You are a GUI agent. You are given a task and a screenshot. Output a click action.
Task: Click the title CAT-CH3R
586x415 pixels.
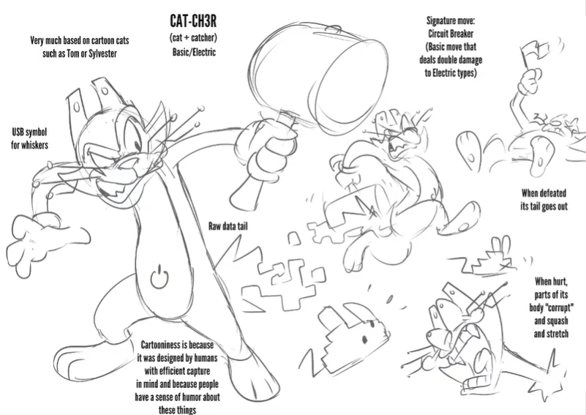coord(193,21)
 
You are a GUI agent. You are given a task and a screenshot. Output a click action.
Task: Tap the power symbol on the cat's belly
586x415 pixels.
coord(159,277)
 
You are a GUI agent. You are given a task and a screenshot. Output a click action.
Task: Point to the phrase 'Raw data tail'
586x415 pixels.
coord(228,226)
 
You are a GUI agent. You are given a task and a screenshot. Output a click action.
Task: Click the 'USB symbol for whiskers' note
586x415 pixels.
coord(29,138)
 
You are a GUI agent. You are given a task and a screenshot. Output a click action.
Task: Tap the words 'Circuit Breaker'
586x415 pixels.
coord(451,34)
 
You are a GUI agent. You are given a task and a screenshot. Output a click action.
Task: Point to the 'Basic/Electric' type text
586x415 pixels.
coord(194,51)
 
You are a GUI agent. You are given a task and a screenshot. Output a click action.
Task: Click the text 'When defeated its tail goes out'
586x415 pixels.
coord(544,200)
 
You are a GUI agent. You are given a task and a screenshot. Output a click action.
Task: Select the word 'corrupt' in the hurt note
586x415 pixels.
coord(559,307)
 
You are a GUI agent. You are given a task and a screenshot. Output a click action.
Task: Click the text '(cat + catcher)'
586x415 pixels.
coord(193,38)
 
